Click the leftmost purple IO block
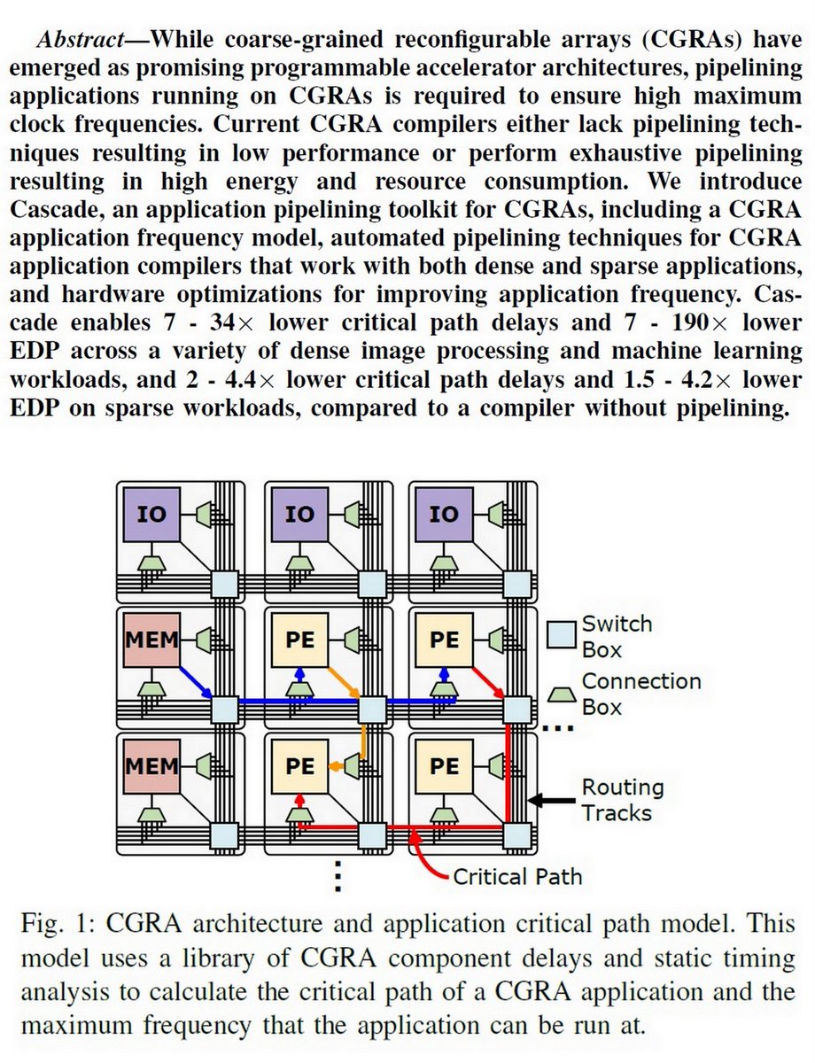click(x=151, y=515)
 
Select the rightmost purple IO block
click(x=445, y=515)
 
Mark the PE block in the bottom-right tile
click(x=445, y=764)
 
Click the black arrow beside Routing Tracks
click(x=551, y=800)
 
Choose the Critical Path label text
click(x=517, y=877)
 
